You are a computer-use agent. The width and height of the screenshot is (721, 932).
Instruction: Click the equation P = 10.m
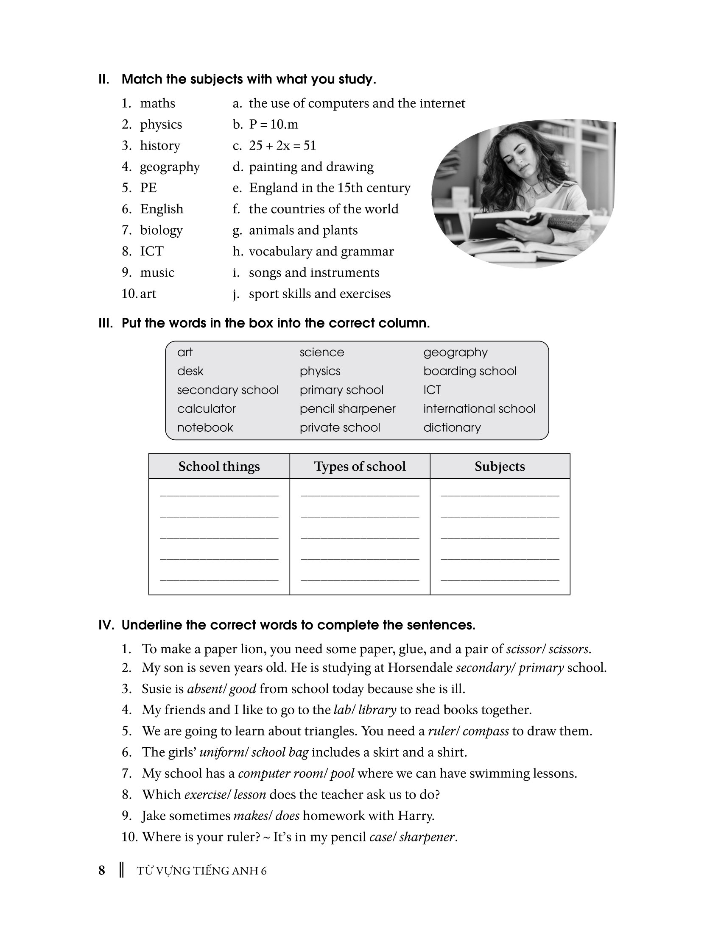point(274,124)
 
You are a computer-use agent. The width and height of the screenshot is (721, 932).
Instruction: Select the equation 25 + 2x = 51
point(282,145)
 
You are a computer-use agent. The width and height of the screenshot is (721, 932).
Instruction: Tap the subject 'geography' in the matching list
point(170,167)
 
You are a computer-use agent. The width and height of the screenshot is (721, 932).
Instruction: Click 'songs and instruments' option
point(314,272)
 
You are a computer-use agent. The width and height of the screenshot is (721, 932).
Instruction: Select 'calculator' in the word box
point(206,408)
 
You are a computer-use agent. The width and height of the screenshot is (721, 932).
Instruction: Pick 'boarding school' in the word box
point(470,371)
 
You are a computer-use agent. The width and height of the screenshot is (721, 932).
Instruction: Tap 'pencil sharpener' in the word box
point(347,408)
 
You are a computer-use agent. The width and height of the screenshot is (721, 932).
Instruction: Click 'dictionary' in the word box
point(452,427)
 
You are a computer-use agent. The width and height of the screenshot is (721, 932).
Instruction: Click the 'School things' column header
point(219,466)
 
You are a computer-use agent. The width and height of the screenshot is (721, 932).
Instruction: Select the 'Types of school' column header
point(360,466)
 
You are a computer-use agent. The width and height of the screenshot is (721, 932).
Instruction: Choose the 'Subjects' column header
point(500,466)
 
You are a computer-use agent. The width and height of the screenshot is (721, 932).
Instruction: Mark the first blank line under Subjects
point(500,494)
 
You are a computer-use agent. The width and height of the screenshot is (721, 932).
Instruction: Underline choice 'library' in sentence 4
point(377,710)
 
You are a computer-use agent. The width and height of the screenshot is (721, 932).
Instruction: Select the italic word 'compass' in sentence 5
point(486,731)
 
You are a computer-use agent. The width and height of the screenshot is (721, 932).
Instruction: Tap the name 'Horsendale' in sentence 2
point(420,667)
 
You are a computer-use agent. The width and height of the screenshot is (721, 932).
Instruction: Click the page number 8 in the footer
point(102,871)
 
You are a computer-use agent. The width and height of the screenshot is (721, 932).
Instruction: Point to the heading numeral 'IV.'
point(106,625)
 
